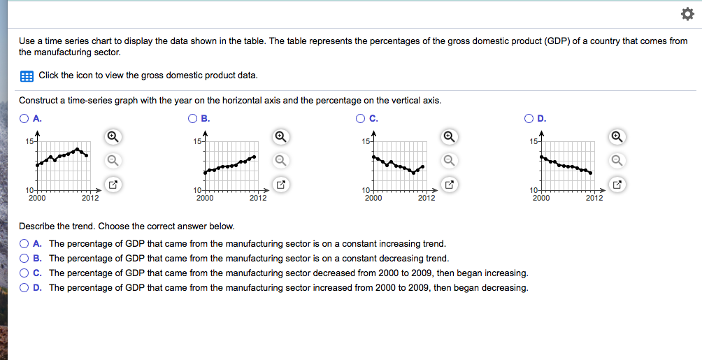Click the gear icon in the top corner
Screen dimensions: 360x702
(x=684, y=15)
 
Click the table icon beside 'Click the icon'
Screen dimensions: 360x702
(x=27, y=75)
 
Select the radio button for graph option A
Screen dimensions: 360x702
(x=24, y=118)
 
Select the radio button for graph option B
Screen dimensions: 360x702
(x=192, y=118)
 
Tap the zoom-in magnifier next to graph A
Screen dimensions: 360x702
(x=113, y=136)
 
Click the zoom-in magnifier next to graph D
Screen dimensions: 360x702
(x=616, y=136)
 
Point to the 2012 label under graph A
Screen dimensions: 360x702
(x=89, y=199)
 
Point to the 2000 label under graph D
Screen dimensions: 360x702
(x=541, y=199)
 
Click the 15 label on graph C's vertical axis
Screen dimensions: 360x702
(x=366, y=142)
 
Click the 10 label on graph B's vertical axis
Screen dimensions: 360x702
(x=198, y=191)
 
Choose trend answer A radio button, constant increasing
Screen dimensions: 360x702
(x=24, y=244)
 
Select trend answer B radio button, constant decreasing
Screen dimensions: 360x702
(x=24, y=259)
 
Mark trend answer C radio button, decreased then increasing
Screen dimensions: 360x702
(x=24, y=273)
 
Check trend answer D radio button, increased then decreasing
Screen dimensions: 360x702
(x=24, y=288)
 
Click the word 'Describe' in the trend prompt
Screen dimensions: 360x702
(x=37, y=226)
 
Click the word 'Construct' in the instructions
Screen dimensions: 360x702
(x=38, y=101)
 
